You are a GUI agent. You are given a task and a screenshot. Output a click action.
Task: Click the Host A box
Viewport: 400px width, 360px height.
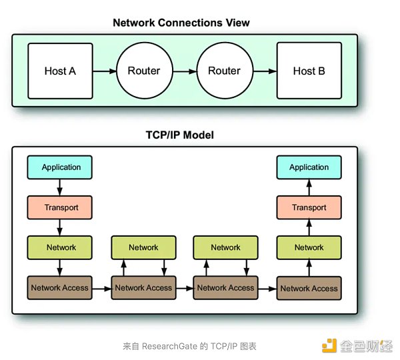click(60, 71)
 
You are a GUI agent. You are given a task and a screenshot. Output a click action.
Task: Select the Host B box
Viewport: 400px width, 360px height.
click(309, 71)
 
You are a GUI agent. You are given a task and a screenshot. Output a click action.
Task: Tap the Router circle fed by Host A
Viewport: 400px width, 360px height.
click(145, 71)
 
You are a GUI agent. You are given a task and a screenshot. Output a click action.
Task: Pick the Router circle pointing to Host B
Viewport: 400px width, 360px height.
click(225, 71)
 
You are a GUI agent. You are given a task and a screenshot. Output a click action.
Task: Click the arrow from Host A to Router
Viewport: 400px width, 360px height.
click(105, 71)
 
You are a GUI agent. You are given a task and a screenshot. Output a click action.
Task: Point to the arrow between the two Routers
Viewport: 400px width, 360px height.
click(185, 71)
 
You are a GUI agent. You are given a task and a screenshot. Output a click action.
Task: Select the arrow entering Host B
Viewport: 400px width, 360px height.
click(265, 71)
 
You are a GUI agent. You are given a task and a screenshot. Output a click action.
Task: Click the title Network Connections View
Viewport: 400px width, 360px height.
click(181, 23)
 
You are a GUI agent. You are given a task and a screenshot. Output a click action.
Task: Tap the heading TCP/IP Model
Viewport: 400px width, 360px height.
click(180, 135)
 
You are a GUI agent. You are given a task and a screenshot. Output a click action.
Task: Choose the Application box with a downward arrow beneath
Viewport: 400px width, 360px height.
click(60, 167)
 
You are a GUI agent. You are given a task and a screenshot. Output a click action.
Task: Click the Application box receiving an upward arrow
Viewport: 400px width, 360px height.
click(309, 167)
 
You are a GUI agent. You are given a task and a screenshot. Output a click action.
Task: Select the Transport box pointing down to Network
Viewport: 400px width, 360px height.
click(60, 207)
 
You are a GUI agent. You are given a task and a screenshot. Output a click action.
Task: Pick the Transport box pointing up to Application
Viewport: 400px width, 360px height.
click(309, 207)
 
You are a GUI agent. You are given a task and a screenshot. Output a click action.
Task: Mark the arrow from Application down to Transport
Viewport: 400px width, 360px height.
click(60, 187)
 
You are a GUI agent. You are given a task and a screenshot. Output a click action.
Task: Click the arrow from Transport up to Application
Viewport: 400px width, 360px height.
click(309, 187)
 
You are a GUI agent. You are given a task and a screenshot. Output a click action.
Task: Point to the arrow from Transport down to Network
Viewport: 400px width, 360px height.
click(60, 227)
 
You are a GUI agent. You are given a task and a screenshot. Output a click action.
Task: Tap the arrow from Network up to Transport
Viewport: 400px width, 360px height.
click(309, 227)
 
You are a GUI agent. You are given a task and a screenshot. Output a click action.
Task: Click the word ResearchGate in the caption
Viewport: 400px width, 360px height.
click(169, 346)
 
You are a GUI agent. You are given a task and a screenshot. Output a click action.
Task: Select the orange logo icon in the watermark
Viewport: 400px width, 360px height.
click(329, 346)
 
